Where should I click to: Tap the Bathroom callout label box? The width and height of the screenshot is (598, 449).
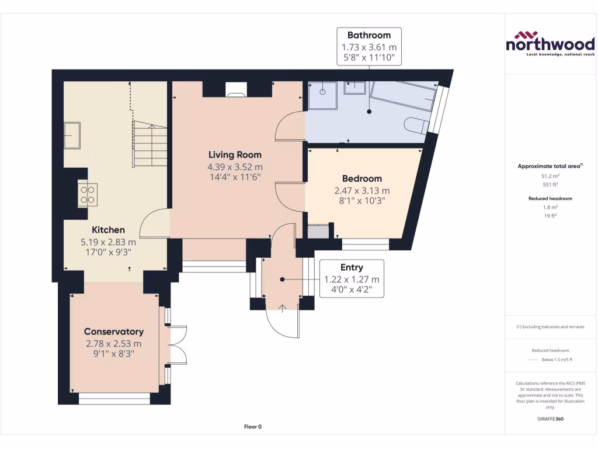pyautogui.click(x=368, y=46)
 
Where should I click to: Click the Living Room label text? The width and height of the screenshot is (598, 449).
pyautogui.click(x=235, y=155)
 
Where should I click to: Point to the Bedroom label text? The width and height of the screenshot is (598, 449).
pyautogui.click(x=362, y=178)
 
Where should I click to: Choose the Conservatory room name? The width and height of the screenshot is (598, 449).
pyautogui.click(x=114, y=331)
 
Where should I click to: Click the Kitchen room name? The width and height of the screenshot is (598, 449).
pyautogui.click(x=108, y=230)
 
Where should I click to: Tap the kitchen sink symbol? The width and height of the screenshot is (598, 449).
pyautogui.click(x=72, y=135)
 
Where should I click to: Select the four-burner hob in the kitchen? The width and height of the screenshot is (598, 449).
pyautogui.click(x=88, y=194)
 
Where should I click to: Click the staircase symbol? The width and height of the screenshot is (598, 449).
pyautogui.click(x=151, y=143)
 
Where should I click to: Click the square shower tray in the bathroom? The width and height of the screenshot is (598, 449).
pyautogui.click(x=322, y=95)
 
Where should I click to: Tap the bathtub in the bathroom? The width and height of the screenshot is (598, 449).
pyautogui.click(x=403, y=95)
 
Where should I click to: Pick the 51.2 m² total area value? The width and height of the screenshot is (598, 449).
pyautogui.click(x=550, y=175)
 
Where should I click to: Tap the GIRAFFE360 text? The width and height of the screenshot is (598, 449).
pyautogui.click(x=550, y=419)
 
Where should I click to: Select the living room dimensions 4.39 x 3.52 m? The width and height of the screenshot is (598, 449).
pyautogui.click(x=235, y=167)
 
